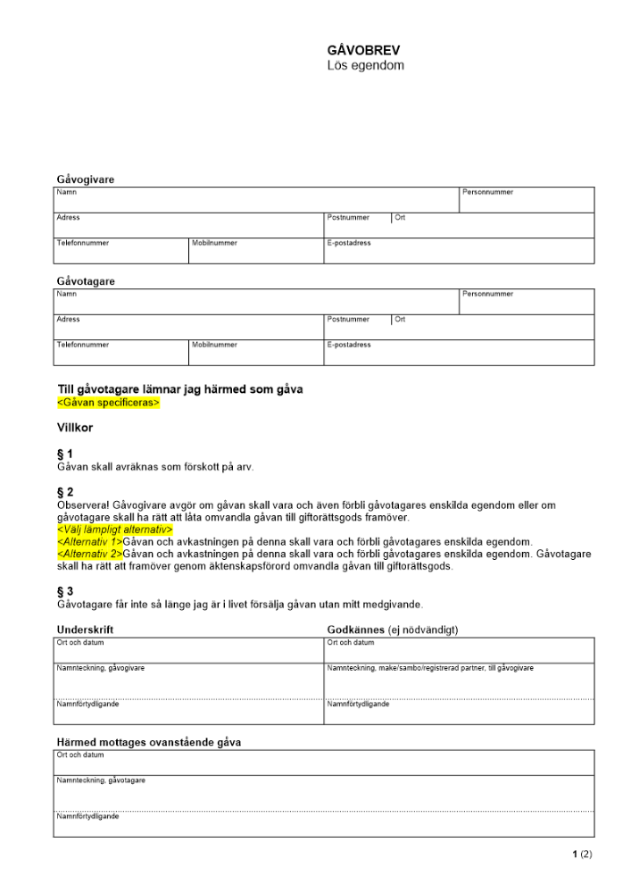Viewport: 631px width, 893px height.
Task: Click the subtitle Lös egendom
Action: [365, 66]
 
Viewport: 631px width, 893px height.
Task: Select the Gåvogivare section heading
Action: [86, 179]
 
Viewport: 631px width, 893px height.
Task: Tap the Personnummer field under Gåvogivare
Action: [526, 200]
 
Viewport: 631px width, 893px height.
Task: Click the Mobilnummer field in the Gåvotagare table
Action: [255, 353]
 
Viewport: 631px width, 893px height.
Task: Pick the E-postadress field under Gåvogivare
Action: [458, 251]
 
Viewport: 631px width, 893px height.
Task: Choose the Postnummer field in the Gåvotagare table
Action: [357, 327]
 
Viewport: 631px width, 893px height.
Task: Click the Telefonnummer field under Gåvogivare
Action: [120, 251]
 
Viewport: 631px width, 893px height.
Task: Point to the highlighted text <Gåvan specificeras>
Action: [108, 403]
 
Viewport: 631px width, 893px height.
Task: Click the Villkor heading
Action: [75, 428]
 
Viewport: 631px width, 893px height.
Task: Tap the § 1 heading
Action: [65, 454]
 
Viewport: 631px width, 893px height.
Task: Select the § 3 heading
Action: [65, 591]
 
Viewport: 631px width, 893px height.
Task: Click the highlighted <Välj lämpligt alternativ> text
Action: [114, 530]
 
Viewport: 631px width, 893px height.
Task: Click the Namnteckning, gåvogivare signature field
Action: [188, 680]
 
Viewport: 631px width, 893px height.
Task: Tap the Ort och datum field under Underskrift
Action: [188, 649]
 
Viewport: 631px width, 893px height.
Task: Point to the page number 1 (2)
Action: [582, 855]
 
